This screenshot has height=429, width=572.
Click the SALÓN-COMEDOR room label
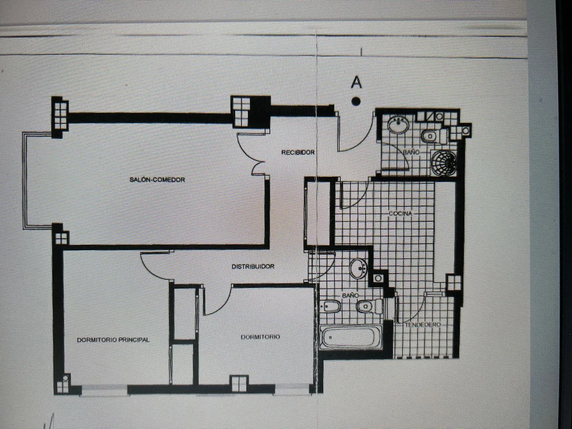click(157, 180)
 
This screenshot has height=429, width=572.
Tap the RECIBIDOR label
click(298, 153)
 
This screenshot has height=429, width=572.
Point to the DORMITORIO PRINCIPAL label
click(113, 340)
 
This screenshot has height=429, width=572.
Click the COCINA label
click(400, 214)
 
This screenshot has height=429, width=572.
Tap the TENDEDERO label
click(423, 325)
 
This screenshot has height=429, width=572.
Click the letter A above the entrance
click(356, 82)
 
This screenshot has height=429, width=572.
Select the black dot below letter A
click(356, 101)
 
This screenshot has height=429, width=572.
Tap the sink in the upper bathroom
click(398, 125)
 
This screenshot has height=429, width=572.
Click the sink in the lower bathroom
click(358, 268)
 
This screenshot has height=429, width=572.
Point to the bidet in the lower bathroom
click(331, 306)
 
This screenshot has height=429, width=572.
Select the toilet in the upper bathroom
click(434, 136)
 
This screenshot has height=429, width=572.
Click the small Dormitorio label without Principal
click(260, 337)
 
